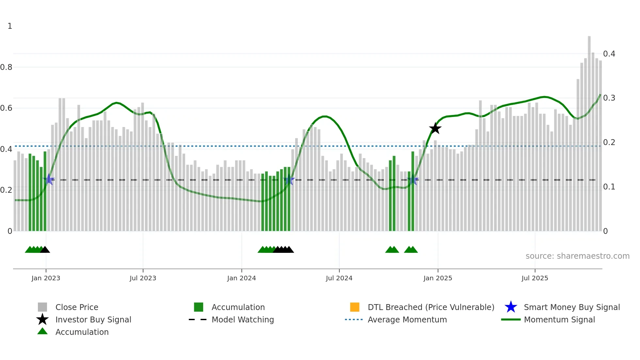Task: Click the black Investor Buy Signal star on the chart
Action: click(435, 128)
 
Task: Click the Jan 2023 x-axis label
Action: click(46, 278)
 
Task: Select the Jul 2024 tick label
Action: click(339, 278)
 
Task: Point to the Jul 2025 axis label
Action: click(535, 278)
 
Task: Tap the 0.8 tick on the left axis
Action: click(6, 67)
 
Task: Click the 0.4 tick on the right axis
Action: click(609, 54)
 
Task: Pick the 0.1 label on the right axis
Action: click(609, 187)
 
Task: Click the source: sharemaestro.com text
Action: click(577, 256)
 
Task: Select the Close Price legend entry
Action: click(77, 307)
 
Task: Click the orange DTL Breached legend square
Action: click(355, 307)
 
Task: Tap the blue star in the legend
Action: click(511, 307)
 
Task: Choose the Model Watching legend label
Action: click(243, 319)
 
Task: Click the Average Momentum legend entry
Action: click(407, 319)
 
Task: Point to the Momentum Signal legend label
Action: click(559, 319)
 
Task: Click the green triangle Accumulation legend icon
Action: click(42, 331)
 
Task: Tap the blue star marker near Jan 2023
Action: click(49, 179)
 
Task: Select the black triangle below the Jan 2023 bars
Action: click(45, 250)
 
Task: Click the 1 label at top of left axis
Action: click(10, 26)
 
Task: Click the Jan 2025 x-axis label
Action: click(438, 278)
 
